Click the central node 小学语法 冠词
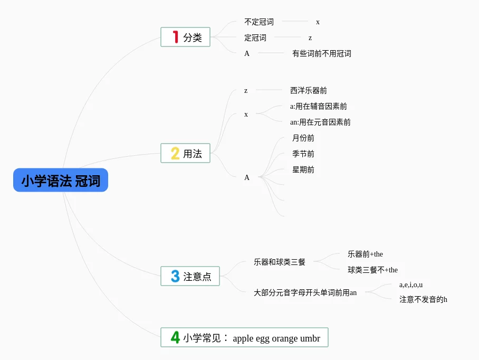[x=61, y=181]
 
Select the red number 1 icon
[x=176, y=37]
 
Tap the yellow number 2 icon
[x=175, y=154]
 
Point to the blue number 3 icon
[x=175, y=276]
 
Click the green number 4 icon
[x=175, y=337]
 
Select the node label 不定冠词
[x=259, y=22]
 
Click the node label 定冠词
[x=255, y=38]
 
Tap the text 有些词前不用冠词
[x=322, y=53]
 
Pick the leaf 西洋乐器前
[x=309, y=91]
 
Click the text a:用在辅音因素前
[x=319, y=107]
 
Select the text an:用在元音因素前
[x=320, y=122]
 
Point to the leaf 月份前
[x=303, y=138]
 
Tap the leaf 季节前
[x=303, y=154]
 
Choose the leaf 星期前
[x=303, y=170]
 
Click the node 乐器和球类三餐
[x=280, y=262]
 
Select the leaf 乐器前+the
[x=365, y=254]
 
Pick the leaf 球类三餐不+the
[x=372, y=270]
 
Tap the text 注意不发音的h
[x=423, y=300]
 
